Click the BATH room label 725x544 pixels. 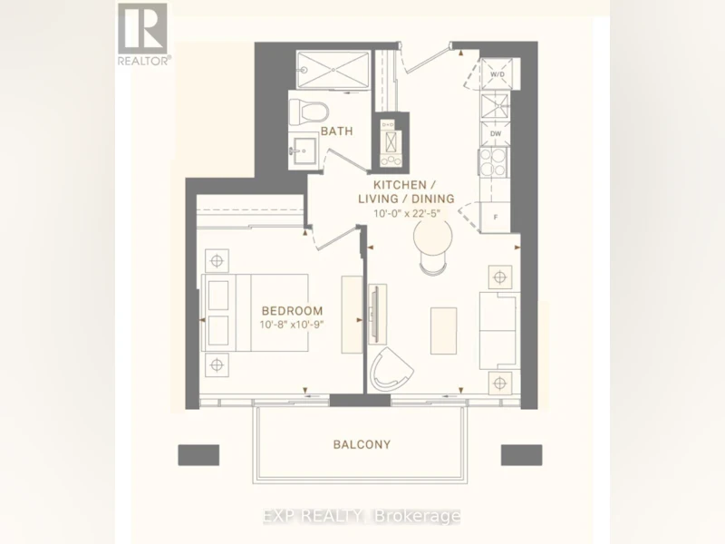coord(336,131)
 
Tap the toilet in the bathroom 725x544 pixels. coord(309,112)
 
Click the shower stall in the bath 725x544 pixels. coord(333,70)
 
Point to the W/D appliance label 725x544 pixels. coord(497,74)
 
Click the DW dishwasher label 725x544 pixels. coord(496,133)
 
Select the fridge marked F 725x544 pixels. coord(495,217)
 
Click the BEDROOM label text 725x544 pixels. coord(292,311)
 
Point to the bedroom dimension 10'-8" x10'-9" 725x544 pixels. coord(291,325)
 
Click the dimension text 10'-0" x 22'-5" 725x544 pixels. coord(406,213)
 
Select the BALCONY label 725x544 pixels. coord(362,444)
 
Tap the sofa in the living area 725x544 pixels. coord(498,330)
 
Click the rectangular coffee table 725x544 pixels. coord(444,331)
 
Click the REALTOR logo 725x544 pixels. coord(144,34)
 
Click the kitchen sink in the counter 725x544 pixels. coord(495,107)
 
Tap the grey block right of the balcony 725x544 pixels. coord(522,455)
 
